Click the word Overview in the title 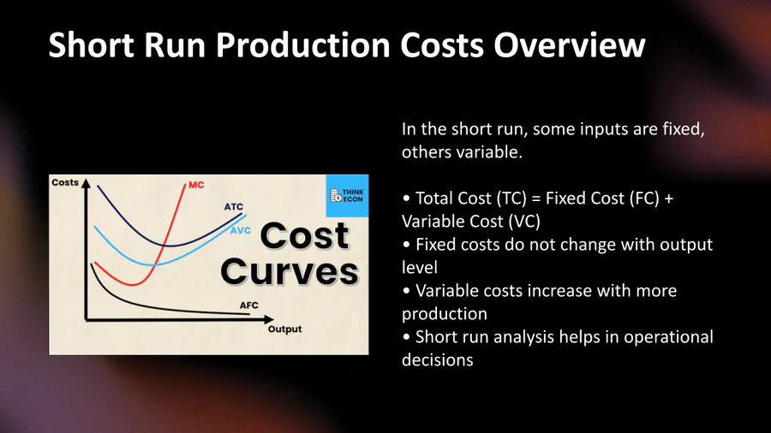[x=569, y=44]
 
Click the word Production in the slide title [x=303, y=44]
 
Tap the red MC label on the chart [x=196, y=185]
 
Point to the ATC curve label [x=234, y=207]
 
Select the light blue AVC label [x=241, y=230]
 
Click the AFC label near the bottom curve [x=248, y=305]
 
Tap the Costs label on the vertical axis [x=65, y=182]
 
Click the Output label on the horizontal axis [x=284, y=329]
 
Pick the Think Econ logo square [x=347, y=195]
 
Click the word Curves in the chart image [x=290, y=271]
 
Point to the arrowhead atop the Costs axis [x=86, y=183]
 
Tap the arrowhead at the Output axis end [x=268, y=319]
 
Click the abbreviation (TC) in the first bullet [x=511, y=199]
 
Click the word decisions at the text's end [x=438, y=360]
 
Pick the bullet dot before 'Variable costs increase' [x=406, y=291]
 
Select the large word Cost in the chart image [x=304, y=236]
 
